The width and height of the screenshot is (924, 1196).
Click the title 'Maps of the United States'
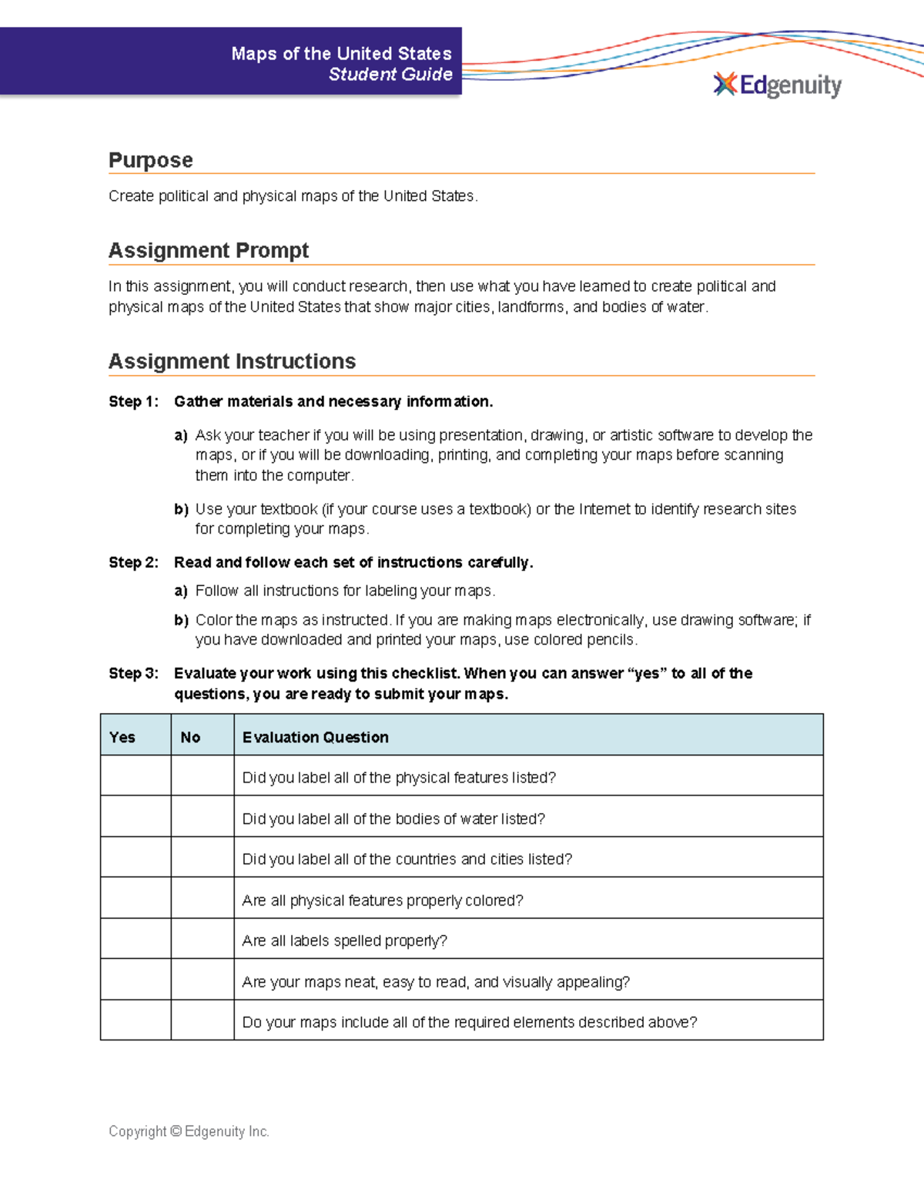point(341,53)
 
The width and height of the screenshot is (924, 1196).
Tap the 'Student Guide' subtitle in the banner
point(390,74)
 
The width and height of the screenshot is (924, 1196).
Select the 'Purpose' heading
point(151,160)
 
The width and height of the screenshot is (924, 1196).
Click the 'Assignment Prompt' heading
point(209,250)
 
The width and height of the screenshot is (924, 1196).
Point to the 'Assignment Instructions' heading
point(232,361)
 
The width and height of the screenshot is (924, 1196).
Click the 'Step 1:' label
point(133,401)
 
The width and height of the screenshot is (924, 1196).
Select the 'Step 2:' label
point(133,562)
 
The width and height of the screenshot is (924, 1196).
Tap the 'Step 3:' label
point(133,673)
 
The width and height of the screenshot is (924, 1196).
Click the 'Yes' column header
point(122,737)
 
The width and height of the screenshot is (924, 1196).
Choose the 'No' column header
point(190,737)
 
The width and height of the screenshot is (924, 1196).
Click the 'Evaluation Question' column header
point(315,737)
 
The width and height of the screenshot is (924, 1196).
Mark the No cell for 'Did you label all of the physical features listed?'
point(203,776)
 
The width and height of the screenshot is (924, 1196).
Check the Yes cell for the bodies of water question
point(136,816)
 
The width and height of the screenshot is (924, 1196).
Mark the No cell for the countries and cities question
point(203,857)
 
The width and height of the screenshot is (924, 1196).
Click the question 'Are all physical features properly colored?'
point(383,900)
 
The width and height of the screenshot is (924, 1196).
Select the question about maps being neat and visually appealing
point(436,982)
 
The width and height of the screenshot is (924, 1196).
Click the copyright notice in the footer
point(189,1131)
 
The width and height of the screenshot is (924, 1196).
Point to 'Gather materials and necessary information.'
point(333,401)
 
